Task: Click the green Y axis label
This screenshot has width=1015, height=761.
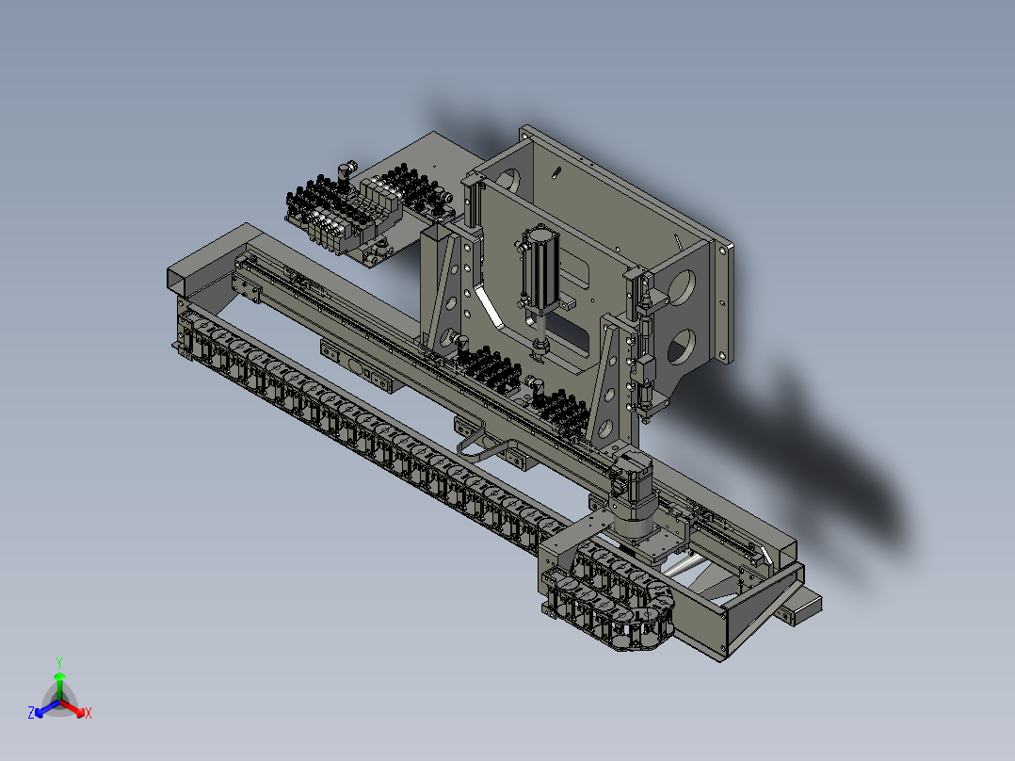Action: tap(59, 662)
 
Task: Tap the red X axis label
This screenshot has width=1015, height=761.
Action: tap(89, 713)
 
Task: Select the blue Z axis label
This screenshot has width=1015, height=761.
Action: tap(31, 712)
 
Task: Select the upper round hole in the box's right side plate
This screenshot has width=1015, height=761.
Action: tap(682, 287)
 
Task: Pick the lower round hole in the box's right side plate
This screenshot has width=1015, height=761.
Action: tap(681, 347)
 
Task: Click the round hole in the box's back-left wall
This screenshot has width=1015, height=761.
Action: tap(509, 181)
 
